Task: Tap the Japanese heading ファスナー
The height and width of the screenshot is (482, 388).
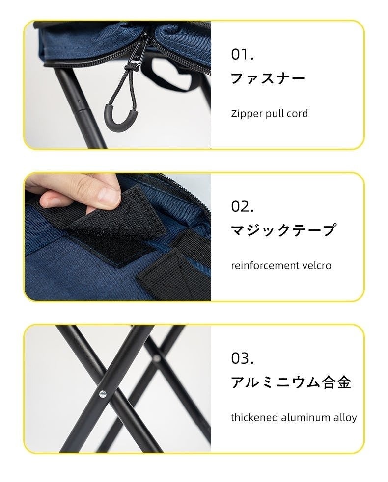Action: [x=268, y=78]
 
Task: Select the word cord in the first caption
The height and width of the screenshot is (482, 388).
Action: [x=297, y=114]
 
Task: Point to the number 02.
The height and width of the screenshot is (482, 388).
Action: [x=242, y=206]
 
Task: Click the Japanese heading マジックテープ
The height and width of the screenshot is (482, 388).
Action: [x=283, y=230]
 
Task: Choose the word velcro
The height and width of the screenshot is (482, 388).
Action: [x=319, y=265]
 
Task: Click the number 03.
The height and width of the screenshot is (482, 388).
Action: [x=242, y=358]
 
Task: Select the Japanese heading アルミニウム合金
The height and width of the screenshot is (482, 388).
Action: [x=291, y=382]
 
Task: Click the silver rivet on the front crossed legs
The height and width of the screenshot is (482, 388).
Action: [x=103, y=394]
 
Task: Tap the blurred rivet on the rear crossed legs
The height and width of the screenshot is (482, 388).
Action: [x=157, y=358]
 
